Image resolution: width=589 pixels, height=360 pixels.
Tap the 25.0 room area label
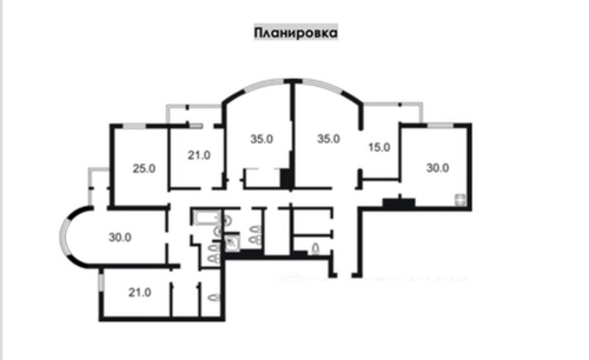click(144, 169)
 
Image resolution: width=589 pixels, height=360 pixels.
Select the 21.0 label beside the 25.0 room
click(199, 155)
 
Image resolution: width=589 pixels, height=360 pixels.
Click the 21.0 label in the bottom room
click(139, 292)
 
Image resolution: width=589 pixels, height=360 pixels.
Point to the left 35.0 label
click(262, 139)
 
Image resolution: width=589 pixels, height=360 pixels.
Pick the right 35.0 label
click(328, 139)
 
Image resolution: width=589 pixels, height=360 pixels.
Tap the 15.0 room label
click(379, 148)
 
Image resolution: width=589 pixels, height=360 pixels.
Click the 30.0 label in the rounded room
click(120, 237)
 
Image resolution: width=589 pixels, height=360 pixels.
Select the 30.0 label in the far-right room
click(437, 168)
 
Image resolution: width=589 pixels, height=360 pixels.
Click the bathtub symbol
click(207, 218)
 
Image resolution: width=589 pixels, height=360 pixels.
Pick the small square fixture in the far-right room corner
click(460, 200)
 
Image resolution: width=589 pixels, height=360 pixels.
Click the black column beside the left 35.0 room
click(286, 178)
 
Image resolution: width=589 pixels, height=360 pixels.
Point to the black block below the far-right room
click(399, 204)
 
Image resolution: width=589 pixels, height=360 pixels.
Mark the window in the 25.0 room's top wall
click(134, 126)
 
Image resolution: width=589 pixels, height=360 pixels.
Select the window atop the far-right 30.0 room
click(440, 126)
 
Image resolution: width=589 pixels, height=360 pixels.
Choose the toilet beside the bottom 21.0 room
click(214, 297)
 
